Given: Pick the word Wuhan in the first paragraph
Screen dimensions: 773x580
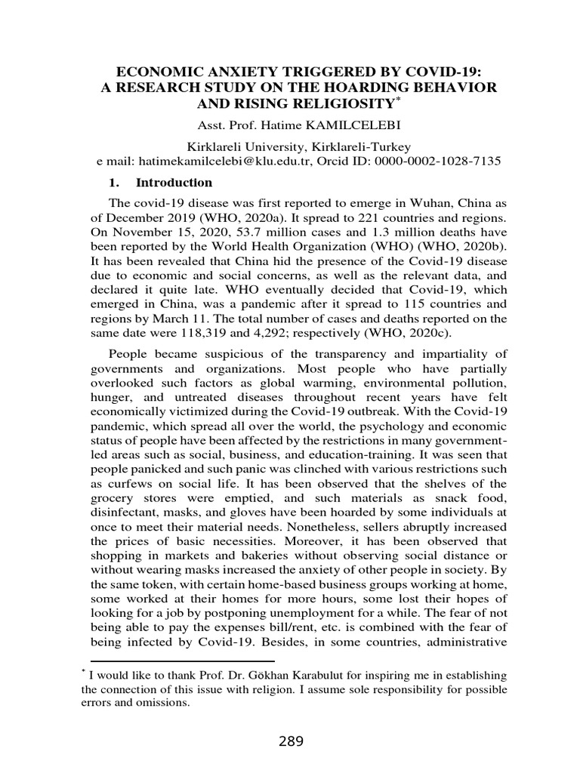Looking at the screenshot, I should tap(394, 204).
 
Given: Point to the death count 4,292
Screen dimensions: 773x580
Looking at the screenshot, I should tap(279, 319).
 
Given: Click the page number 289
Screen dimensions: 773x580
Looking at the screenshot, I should tap(289, 741).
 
